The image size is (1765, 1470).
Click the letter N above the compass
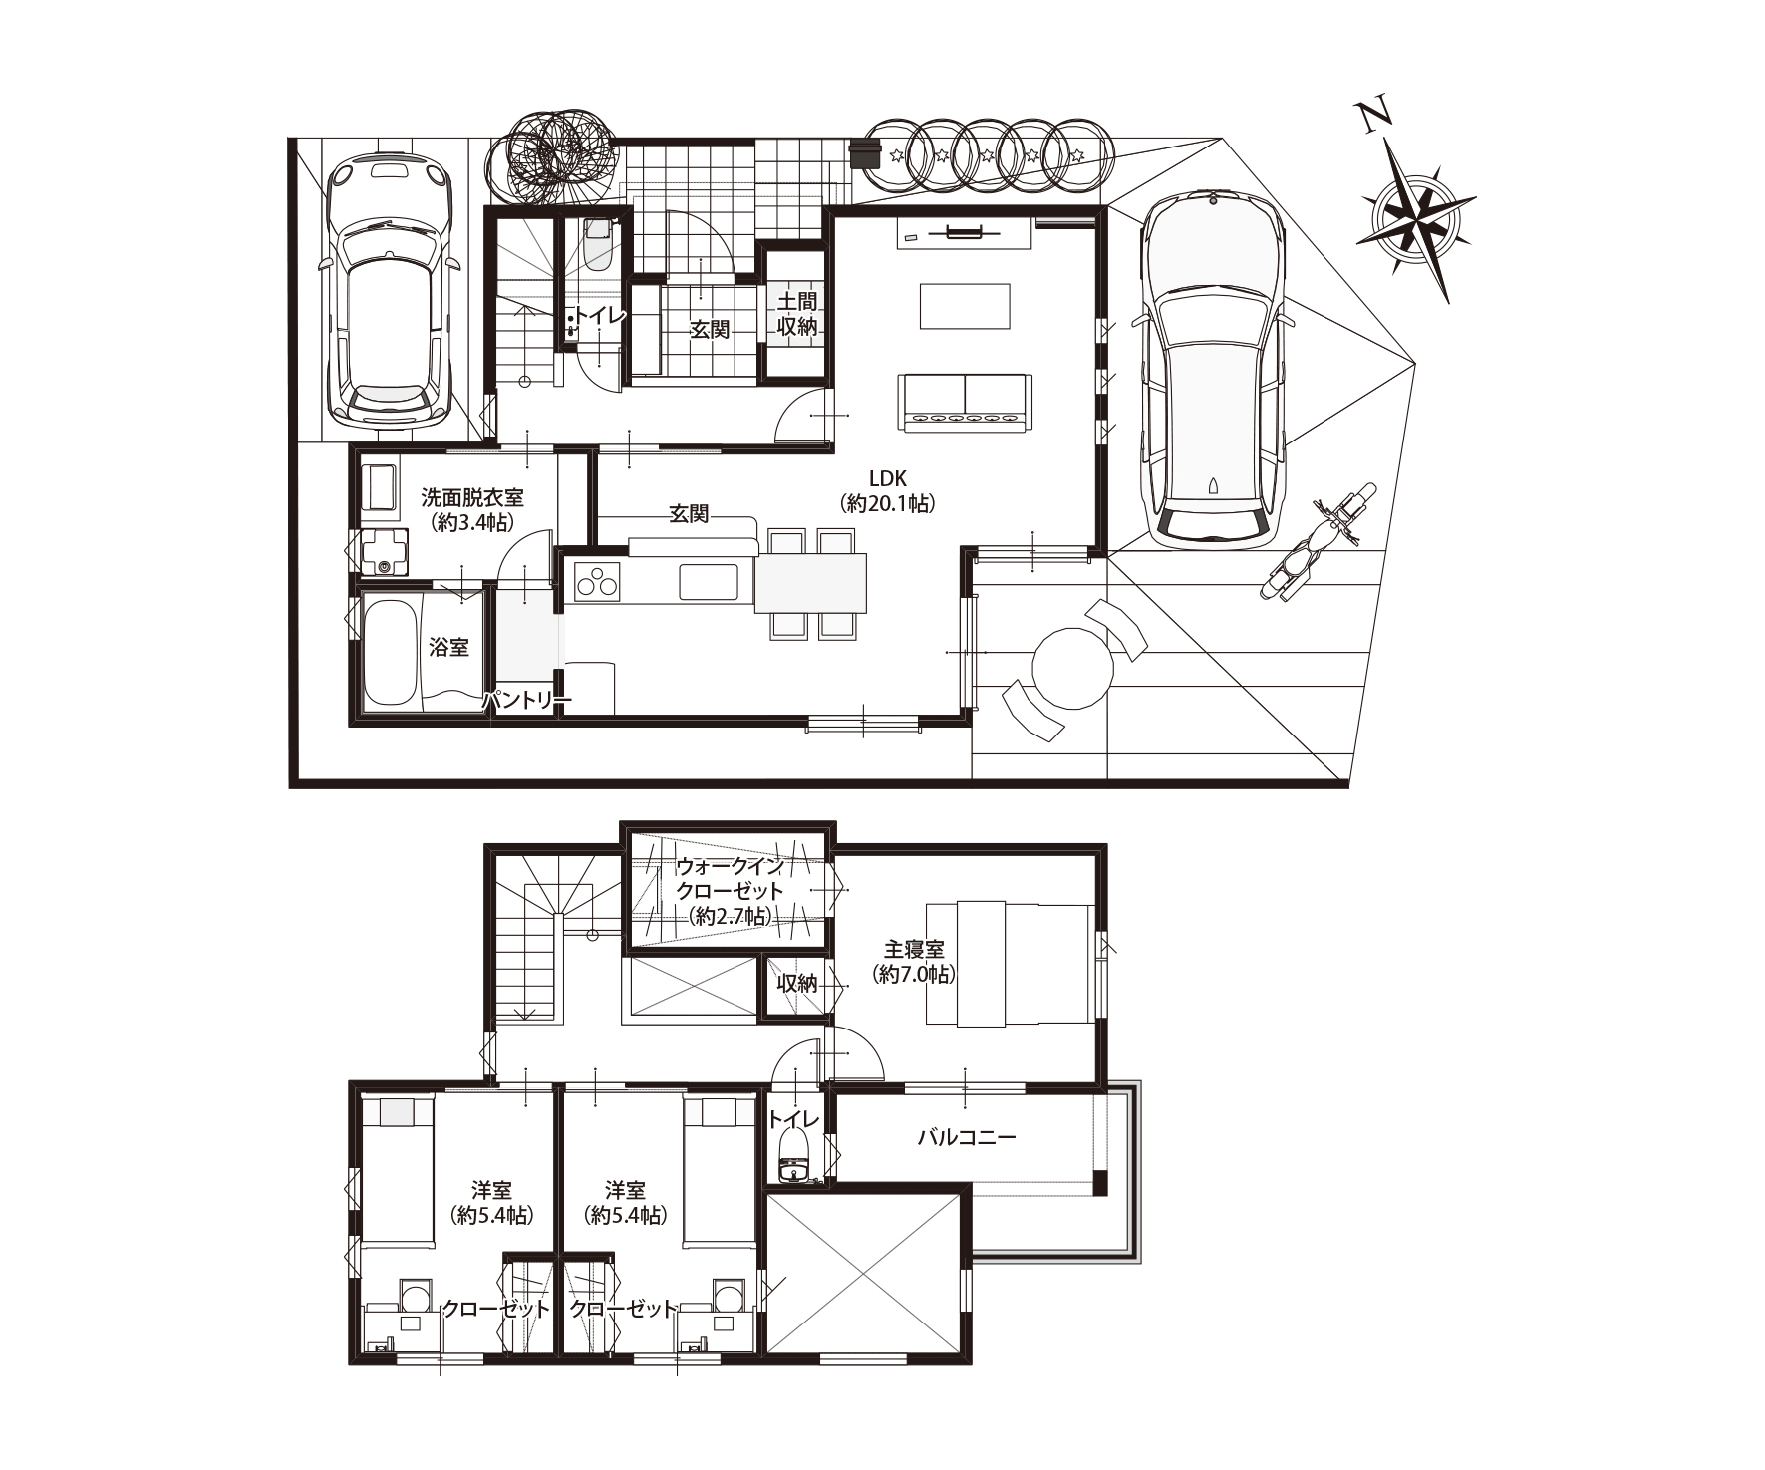(x=1376, y=115)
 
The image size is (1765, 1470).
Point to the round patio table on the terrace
(x=1072, y=667)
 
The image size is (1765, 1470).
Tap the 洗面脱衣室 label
(x=472, y=496)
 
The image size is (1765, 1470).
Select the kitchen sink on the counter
(x=710, y=581)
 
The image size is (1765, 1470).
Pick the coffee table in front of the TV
(x=965, y=306)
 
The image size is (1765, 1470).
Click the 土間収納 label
(x=798, y=313)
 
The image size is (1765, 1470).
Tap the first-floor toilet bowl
(x=599, y=246)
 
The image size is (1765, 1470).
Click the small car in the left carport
(x=390, y=289)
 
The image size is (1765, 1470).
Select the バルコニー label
(x=967, y=1137)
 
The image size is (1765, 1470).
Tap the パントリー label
(x=526, y=702)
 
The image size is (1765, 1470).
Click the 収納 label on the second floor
(x=797, y=984)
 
